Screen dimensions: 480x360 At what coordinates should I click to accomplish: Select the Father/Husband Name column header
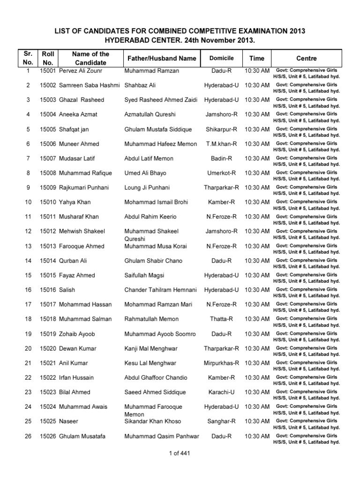tap(160, 59)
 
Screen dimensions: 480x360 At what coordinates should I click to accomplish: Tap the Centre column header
tap(307, 59)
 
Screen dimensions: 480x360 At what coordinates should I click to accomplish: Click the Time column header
tap(256, 59)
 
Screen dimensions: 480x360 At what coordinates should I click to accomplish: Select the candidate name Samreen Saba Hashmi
tap(87, 85)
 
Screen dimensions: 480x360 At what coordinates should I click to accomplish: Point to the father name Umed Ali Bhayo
tap(146, 173)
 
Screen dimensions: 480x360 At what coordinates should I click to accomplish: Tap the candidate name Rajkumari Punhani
tap(84, 187)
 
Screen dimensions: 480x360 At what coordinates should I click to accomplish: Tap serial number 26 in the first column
tap(28, 436)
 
